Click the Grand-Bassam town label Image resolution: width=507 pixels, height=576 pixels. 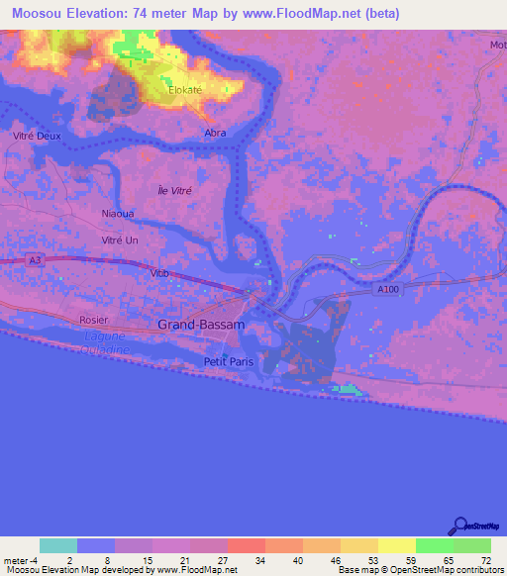point(201,325)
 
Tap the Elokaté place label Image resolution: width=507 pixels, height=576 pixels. point(184,89)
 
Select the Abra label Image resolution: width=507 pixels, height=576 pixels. point(215,133)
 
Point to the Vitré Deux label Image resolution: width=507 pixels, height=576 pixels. point(36,136)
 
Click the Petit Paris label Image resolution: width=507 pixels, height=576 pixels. point(229,362)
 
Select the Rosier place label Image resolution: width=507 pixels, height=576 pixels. point(93,321)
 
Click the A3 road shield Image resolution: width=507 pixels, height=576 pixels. point(36,259)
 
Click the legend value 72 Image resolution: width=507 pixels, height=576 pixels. point(484,559)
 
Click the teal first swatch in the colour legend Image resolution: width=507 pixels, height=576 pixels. point(58,545)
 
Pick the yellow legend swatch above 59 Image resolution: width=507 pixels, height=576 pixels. point(397,545)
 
